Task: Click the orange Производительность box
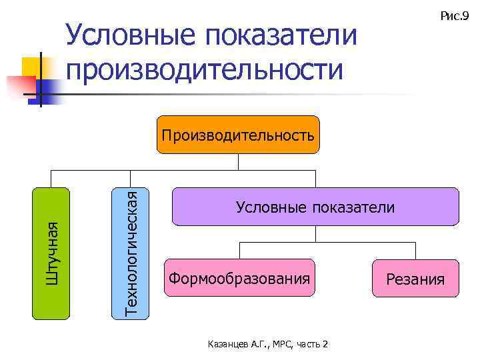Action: tap(238, 135)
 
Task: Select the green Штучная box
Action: tap(52, 253)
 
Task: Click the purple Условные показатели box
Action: tap(315, 207)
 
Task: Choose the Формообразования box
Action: tap(239, 278)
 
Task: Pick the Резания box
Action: tap(415, 278)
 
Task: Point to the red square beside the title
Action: tap(20, 85)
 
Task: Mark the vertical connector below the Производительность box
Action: tap(238, 162)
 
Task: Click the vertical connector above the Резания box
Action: tap(415, 250)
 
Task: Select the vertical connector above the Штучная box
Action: tap(52, 179)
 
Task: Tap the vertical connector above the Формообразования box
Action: tap(239, 250)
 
